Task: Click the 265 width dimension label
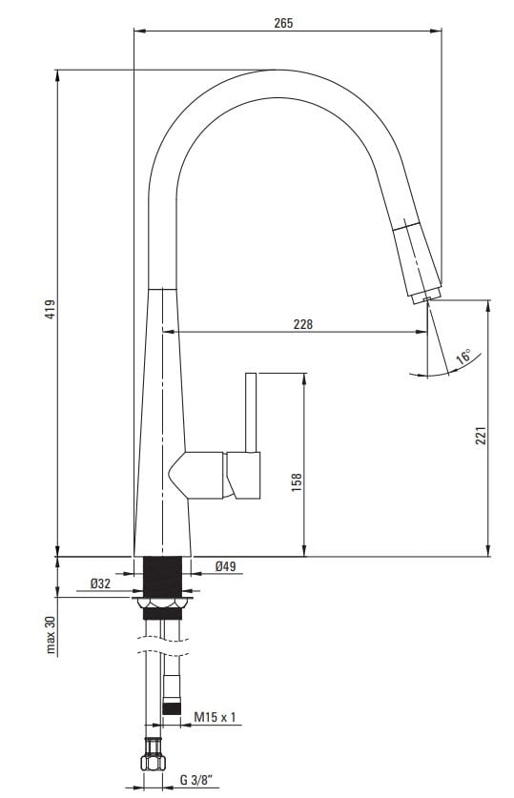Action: (283, 23)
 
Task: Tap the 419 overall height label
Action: (50, 309)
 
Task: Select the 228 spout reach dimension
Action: (303, 324)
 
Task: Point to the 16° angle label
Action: (463, 356)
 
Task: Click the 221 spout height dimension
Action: (481, 435)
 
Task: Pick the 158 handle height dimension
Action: (297, 482)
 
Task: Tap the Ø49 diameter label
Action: (225, 565)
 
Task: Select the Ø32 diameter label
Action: (100, 583)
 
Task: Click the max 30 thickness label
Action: (51, 634)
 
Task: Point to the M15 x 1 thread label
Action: (215, 717)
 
